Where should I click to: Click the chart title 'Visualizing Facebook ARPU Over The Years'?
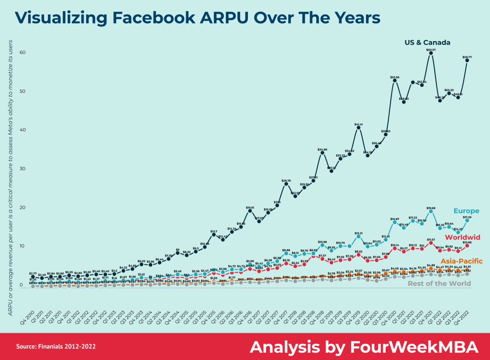[x=198, y=18]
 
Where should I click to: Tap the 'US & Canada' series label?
[x=427, y=43]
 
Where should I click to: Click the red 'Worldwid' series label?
[x=462, y=238]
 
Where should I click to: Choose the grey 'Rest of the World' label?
[x=439, y=284]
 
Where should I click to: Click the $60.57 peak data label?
[x=430, y=50]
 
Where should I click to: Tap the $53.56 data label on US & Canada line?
[x=395, y=77]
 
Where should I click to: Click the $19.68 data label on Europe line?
[x=430, y=208]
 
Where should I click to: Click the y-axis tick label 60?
[x=22, y=52]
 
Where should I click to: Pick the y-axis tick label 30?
[x=22, y=169]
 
